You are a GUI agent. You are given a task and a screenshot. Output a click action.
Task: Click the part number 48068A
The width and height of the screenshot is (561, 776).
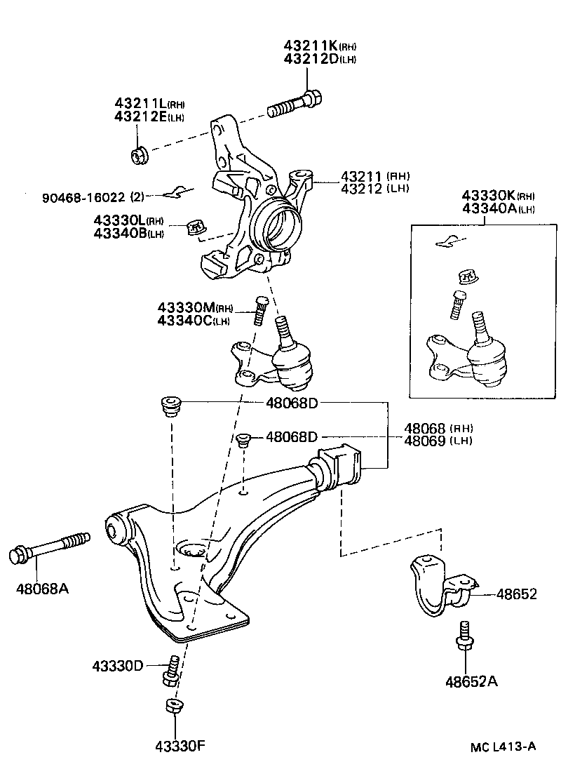42,587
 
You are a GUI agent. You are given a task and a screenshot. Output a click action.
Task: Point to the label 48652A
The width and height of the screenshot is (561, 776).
471,681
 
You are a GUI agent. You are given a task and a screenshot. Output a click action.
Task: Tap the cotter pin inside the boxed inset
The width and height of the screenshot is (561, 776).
449,241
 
